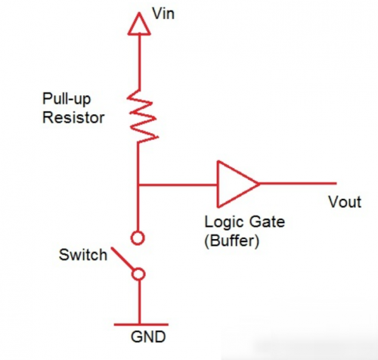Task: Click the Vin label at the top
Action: [x=163, y=13]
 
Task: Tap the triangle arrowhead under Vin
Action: [x=139, y=24]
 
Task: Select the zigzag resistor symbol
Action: [x=142, y=116]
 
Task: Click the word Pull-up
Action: [x=67, y=99]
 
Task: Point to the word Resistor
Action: [x=73, y=117]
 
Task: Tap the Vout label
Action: [x=345, y=202]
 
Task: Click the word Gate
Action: [x=267, y=222]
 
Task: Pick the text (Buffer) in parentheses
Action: [x=231, y=241]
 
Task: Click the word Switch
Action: [x=83, y=255]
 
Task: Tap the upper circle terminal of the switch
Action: [x=138, y=237]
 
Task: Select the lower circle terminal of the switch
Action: [x=138, y=274]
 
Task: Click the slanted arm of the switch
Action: [x=122, y=259]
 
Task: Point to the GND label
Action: [x=148, y=337]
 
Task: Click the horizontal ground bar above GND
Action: [x=141, y=324]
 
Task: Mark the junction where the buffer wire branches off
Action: [x=138, y=185]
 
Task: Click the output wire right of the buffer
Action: [x=298, y=184]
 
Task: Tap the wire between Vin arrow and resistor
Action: [x=139, y=62]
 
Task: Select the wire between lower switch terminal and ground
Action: [x=139, y=302]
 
